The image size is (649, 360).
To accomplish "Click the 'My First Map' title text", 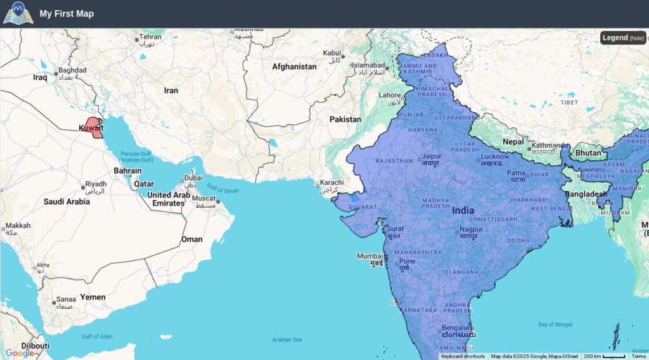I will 67,13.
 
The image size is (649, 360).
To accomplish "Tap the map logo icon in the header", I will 17,13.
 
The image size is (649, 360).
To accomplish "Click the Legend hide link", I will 637,38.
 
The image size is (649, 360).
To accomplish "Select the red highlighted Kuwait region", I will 93,127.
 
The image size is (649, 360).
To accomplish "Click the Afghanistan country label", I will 294,67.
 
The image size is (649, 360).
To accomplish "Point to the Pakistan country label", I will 345,119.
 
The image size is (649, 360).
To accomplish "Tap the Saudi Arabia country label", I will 67,202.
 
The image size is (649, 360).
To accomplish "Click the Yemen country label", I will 93,297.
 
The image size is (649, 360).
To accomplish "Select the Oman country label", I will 192,239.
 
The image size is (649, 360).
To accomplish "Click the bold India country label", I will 463,210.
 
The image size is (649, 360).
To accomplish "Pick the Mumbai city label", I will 369,256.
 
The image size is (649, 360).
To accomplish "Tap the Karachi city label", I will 332,183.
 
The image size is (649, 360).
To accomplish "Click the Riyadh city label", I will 96,184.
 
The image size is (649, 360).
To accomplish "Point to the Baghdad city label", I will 72,70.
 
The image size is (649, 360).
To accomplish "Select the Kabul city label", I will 332,53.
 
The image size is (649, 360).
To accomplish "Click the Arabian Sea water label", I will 287,340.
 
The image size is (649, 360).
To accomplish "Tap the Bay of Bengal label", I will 555,325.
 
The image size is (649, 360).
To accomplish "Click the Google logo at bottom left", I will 20,353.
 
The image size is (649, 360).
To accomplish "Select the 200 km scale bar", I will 605,356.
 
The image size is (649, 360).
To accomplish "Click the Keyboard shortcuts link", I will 463,356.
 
